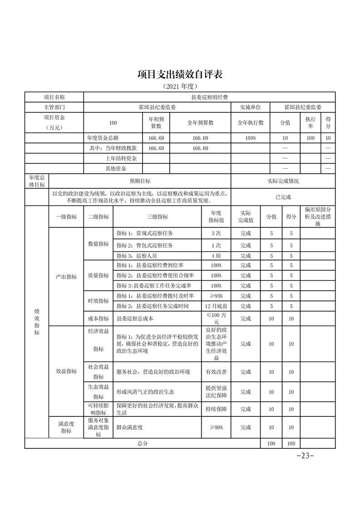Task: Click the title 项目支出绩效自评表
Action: tap(180, 74)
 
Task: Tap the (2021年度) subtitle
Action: tap(180, 86)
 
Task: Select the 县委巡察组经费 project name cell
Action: tap(209, 97)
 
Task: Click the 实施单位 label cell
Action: tap(250, 108)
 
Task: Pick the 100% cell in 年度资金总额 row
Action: tap(250, 138)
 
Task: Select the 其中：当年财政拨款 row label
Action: tap(113, 148)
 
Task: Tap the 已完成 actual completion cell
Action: tap(283, 197)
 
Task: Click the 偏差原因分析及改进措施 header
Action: tap(318, 217)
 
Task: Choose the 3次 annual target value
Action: tap(216, 233)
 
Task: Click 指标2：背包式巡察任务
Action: tap(144, 245)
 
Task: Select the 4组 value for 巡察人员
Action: tap(216, 256)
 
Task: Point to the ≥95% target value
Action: tap(216, 296)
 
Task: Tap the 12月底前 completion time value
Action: tap(216, 306)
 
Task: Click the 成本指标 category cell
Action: tap(98, 318)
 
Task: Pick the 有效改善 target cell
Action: tap(216, 372)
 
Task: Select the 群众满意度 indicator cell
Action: tap(132, 427)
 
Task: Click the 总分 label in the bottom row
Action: tap(143, 443)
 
